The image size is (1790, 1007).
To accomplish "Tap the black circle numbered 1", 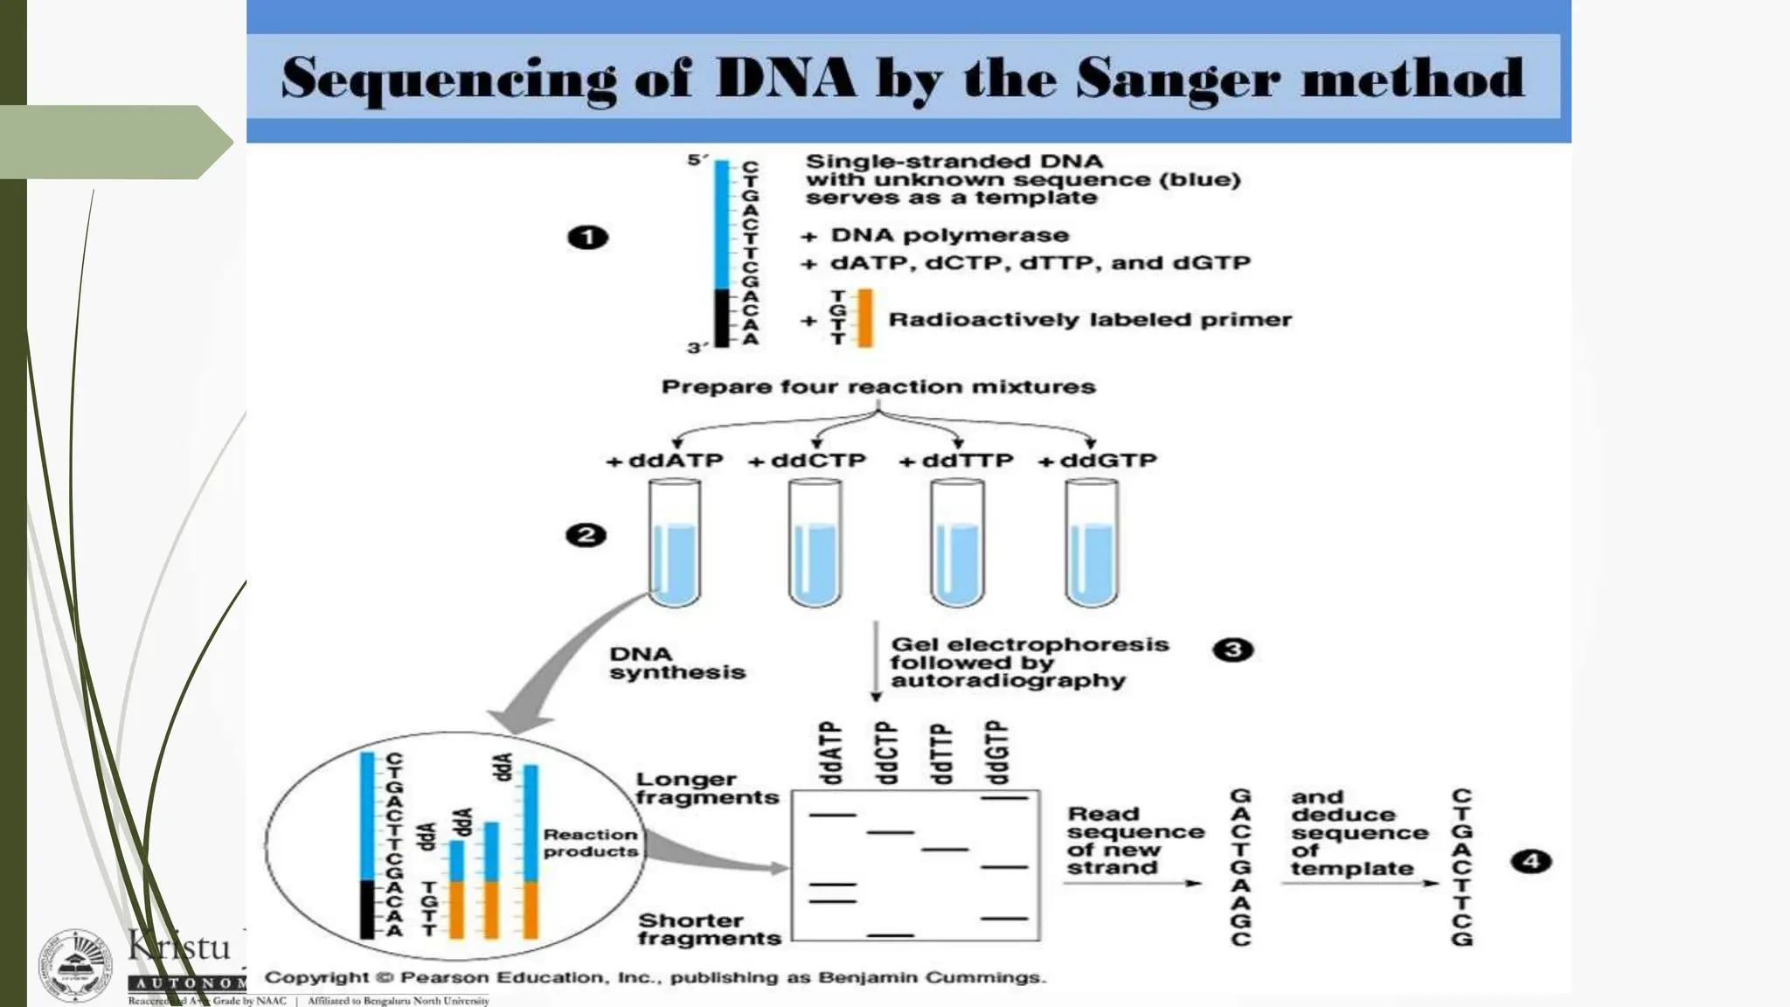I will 587,237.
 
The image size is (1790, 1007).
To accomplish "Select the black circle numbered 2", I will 586,535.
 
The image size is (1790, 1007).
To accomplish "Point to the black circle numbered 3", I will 1232,649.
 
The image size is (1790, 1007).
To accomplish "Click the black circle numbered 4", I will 1530,862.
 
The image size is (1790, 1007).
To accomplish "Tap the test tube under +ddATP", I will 675,544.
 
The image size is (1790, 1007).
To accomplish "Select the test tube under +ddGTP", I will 1092,544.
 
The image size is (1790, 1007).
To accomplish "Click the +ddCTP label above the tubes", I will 807,461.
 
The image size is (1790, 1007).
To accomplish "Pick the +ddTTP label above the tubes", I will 956,461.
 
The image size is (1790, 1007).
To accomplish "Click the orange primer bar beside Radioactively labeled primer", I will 865,318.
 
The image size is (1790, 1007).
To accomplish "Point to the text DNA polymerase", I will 949,235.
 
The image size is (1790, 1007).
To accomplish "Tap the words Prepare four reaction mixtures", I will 878,386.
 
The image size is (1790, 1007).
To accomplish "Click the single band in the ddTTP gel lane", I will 945,849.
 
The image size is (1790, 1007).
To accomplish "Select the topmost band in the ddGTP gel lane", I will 1005,797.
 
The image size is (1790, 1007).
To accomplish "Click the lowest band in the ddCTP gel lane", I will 891,934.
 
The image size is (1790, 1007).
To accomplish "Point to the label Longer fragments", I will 706,788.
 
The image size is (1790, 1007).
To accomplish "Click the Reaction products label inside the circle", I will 590,843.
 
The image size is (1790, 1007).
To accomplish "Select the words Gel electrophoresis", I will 1030,644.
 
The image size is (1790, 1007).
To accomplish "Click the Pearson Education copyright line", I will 656,977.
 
